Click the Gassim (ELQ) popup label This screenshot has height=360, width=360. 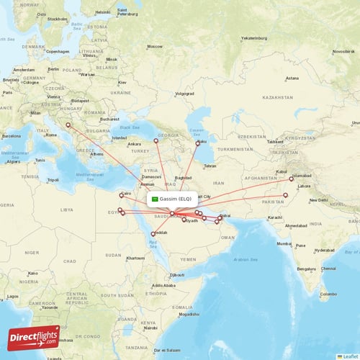tap(175, 199)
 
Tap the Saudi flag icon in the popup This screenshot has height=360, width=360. tap(153, 199)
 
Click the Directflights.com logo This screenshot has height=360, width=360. tap(33, 337)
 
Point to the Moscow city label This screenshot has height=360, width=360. tap(154, 46)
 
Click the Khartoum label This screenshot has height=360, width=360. tap(135, 258)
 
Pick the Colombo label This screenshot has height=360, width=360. tap(328, 294)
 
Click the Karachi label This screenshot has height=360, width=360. tap(274, 217)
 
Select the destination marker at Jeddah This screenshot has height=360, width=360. tap(153, 234)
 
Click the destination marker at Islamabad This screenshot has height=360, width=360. tap(292, 179)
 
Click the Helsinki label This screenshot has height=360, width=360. tap(103, 12)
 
